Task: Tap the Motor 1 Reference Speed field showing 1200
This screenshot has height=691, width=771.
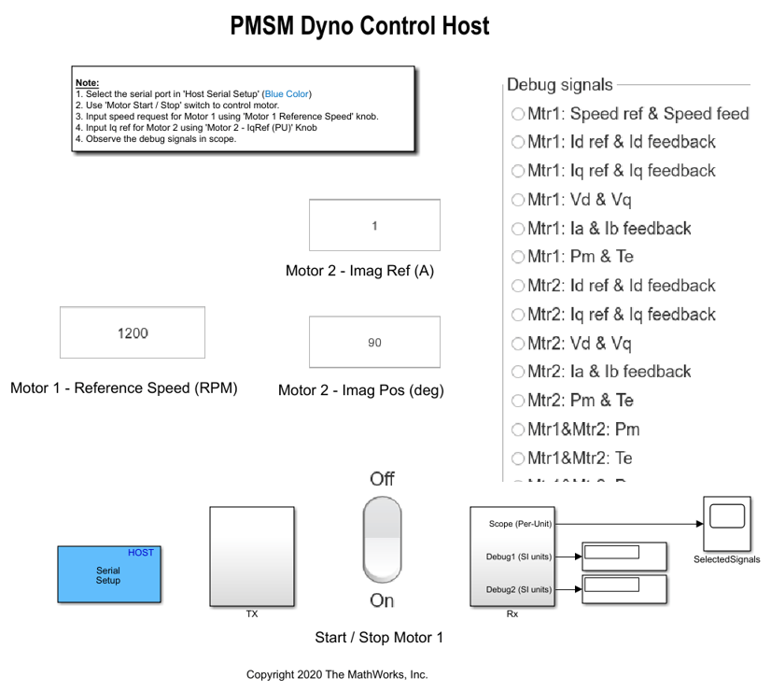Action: coord(133,332)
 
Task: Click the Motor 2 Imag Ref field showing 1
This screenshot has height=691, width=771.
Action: coord(374,225)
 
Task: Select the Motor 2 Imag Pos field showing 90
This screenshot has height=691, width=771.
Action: coord(374,343)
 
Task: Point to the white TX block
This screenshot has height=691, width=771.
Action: coord(251,557)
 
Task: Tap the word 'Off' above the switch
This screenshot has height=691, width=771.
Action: coord(382,479)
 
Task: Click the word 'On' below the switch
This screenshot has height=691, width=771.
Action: coord(382,600)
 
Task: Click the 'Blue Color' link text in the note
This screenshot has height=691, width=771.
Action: coord(287,94)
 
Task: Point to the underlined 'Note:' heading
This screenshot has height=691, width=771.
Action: coord(87,83)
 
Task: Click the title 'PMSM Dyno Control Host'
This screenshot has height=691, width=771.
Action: coord(359,26)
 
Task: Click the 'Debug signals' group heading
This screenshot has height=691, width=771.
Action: coord(560,85)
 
